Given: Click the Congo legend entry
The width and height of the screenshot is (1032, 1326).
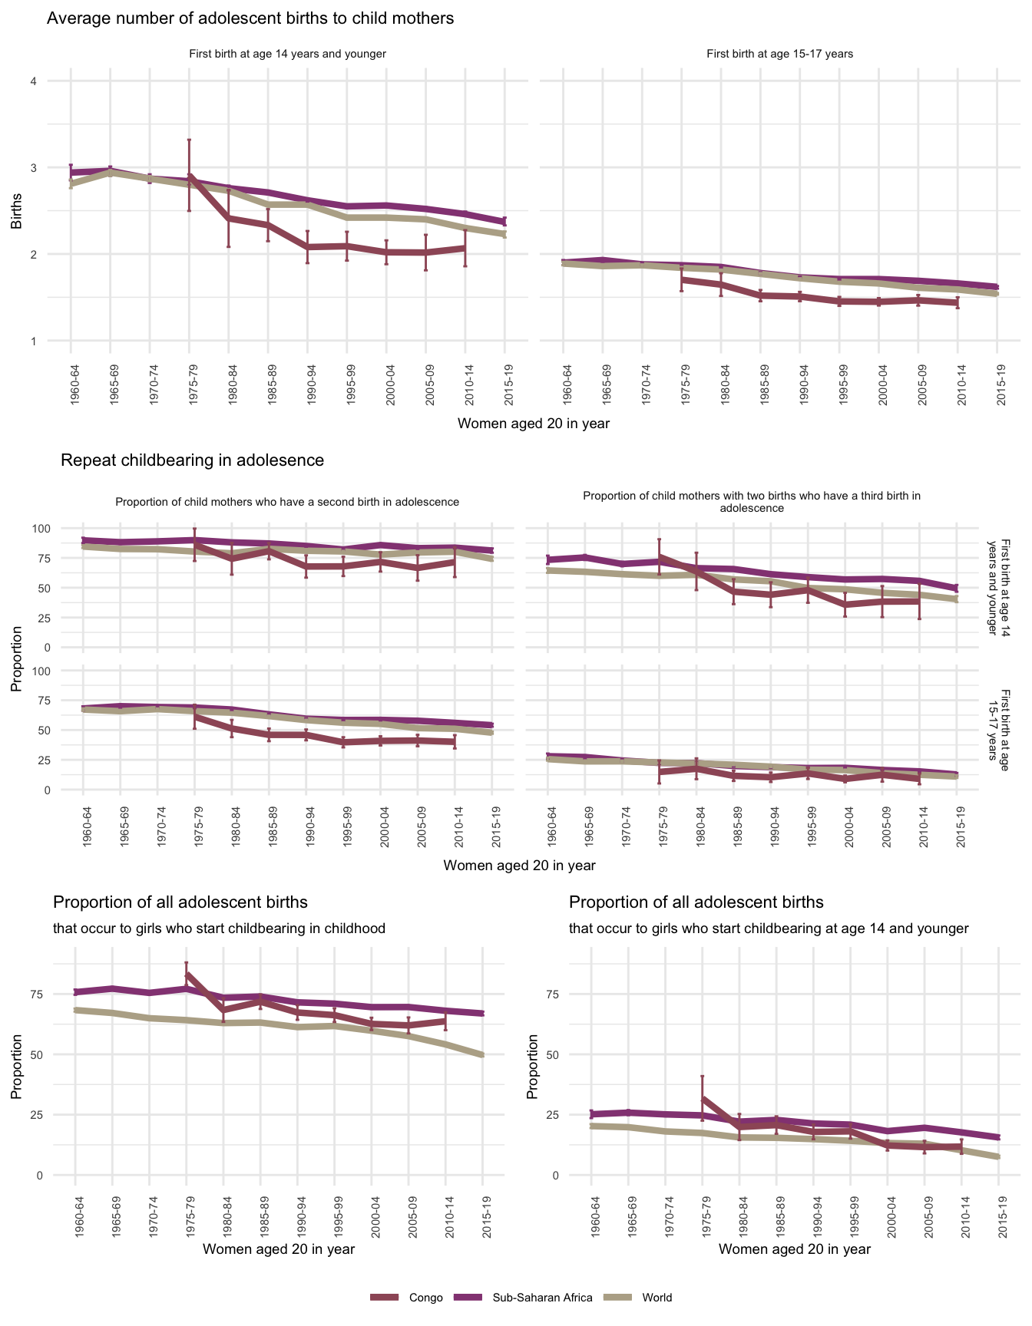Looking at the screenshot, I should click(425, 1298).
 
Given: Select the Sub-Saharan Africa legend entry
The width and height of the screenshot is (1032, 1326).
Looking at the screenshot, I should click(542, 1298).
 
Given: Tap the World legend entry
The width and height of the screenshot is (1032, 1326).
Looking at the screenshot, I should click(657, 1298).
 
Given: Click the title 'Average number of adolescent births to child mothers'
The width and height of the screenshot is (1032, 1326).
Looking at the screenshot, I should click(250, 18).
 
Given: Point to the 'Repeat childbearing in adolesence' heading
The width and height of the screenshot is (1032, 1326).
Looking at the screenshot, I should click(192, 460).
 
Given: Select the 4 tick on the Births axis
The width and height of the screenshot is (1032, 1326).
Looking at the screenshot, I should click(34, 81).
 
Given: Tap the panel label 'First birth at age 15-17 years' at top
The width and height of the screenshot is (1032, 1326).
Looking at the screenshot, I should click(779, 54).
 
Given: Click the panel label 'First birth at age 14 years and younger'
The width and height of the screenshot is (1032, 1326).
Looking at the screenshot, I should click(287, 54).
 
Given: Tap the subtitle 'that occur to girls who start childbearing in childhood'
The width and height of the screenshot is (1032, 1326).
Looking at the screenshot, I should click(219, 929).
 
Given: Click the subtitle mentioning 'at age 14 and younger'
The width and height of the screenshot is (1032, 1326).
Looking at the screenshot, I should click(769, 929).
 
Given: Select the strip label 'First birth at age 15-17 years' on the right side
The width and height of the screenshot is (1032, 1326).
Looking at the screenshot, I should click(998, 724).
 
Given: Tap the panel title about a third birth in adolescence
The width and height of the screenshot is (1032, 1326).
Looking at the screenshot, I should click(752, 502).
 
